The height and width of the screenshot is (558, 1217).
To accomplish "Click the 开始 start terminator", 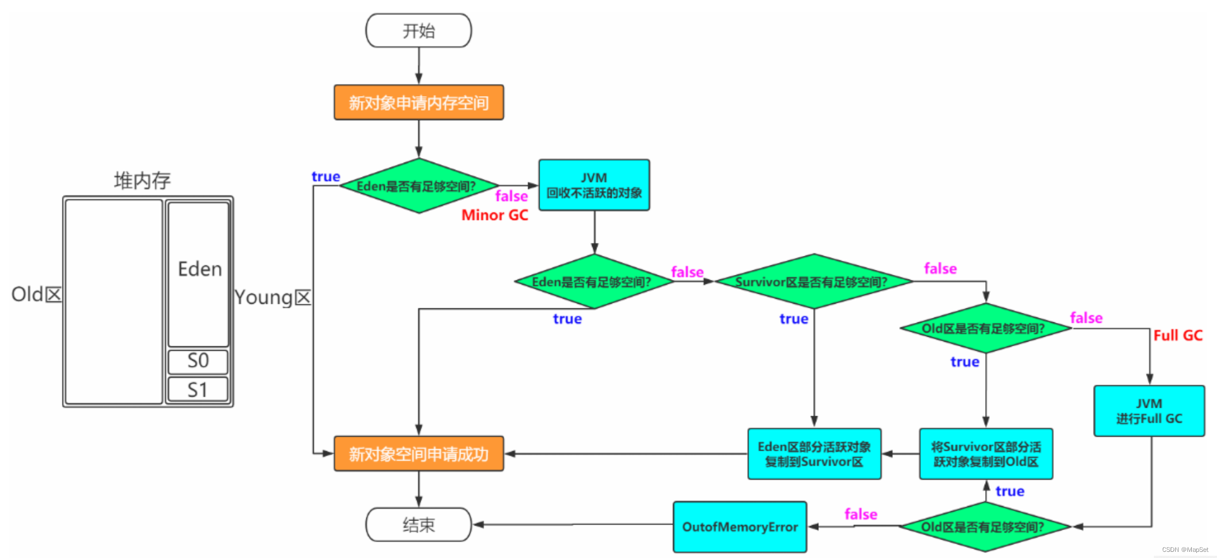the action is pos(418,31).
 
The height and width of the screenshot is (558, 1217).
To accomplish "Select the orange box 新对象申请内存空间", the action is pos(419,102).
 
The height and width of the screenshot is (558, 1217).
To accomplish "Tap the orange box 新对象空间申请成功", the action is pos(419,454).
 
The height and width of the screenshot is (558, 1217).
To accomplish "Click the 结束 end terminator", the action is pos(418,524).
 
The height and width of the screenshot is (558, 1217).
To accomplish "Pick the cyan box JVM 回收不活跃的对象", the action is pos(594,185).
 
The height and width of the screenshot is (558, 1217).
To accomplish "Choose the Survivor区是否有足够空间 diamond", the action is pos(814,282).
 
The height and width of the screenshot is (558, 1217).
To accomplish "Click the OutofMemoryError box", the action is pos(740,527).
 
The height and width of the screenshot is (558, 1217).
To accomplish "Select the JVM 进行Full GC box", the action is pos(1149,411).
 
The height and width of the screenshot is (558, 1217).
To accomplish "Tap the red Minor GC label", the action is pos(495,215).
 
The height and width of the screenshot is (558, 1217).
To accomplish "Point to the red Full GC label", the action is pos(1178,335).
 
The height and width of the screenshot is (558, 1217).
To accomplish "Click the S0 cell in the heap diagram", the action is pos(198,361).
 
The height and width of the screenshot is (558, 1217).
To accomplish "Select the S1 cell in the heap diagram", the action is pos(198,389).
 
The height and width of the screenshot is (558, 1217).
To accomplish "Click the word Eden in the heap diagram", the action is pos(200,269).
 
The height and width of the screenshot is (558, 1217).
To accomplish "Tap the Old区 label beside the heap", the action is pos(36,294).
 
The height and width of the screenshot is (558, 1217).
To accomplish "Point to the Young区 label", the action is pos(273,298).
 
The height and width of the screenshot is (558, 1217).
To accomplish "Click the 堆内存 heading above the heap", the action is pos(142,180).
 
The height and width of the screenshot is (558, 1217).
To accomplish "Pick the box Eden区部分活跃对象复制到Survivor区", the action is pos(814,454).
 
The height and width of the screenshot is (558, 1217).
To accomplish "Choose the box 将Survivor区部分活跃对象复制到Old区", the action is pos(986,454).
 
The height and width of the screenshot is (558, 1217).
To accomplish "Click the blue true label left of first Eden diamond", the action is pos(326,177).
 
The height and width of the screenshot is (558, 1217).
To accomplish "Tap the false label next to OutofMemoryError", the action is pos(861,514).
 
